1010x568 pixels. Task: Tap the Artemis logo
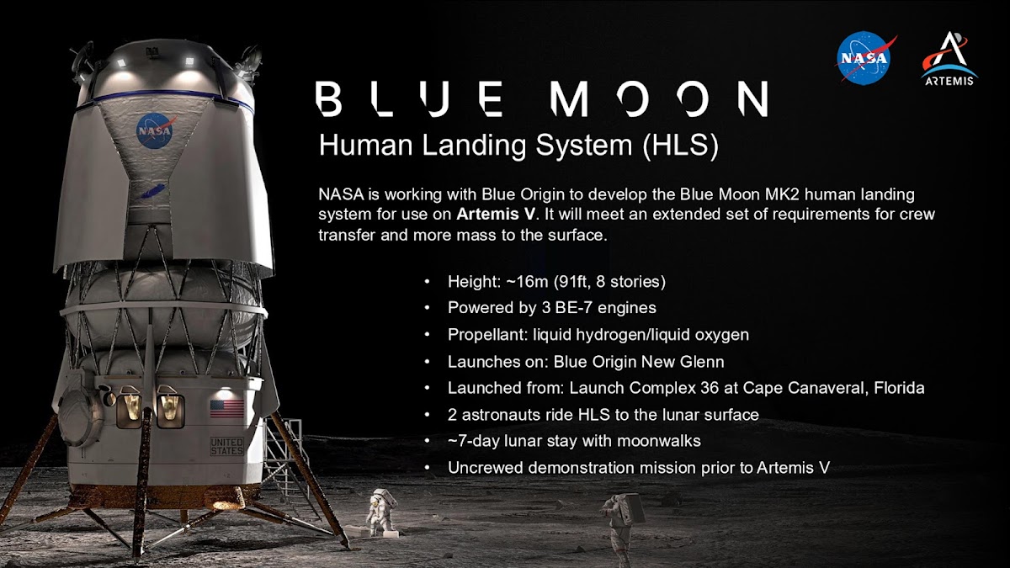coord(949,59)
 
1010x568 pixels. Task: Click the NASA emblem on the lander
coord(156,130)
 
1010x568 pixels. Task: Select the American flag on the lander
coord(226,409)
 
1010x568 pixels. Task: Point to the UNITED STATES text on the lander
coord(226,446)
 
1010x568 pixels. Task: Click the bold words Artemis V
coord(496,214)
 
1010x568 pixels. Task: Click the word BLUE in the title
coord(409,98)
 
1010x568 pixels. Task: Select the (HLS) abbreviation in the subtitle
coord(680,145)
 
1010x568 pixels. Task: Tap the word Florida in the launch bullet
coord(899,388)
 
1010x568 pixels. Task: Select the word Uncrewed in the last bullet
coord(486,468)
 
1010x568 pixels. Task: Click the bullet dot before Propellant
coord(427,335)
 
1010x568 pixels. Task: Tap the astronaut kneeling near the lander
coord(381,512)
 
